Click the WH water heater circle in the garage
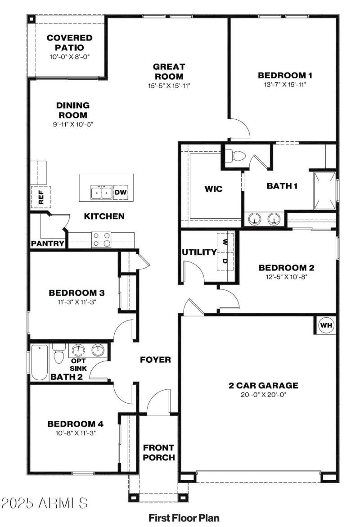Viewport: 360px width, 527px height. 326,324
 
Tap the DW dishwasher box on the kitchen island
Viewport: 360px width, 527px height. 121,192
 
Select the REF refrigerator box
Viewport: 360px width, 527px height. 41,197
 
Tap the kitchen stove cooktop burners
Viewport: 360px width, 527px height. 101,239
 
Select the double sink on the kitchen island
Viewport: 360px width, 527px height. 101,193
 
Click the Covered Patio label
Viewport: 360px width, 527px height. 70,43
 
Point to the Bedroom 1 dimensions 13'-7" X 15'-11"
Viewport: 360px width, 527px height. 285,84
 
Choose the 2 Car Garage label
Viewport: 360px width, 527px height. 263,385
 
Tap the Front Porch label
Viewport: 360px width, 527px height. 159,452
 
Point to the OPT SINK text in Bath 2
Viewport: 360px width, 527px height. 82,364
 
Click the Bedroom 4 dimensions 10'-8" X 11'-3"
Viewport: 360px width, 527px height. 76,433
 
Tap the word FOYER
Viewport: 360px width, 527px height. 155,359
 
